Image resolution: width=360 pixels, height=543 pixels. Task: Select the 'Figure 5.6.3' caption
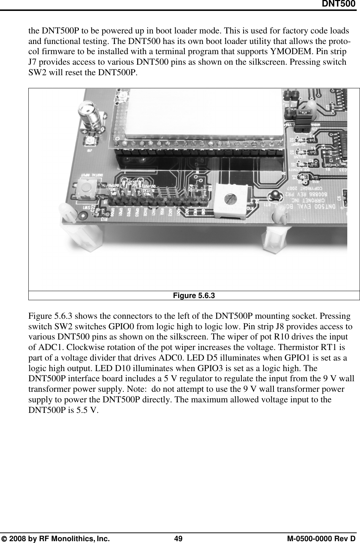(194, 295)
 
